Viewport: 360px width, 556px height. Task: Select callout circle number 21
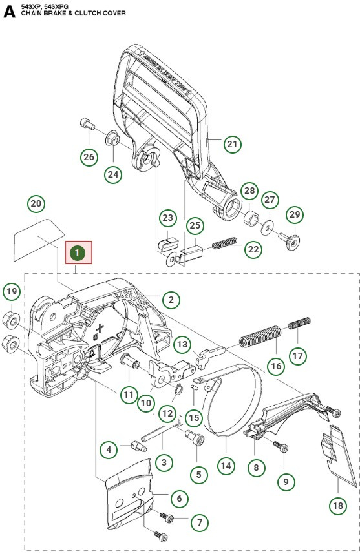(232, 144)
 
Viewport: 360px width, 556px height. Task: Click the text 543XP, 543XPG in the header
(43, 5)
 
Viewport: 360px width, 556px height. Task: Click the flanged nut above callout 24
(112, 139)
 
